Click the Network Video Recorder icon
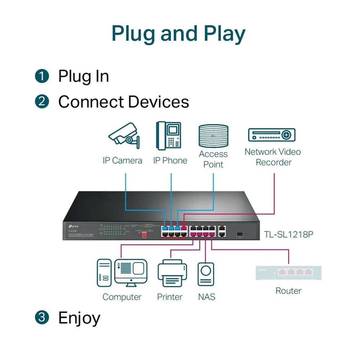[272, 135]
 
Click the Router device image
[288, 273]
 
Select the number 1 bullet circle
[42, 76]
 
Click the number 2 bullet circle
[42, 102]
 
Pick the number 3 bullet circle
[42, 318]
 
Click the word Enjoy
[79, 318]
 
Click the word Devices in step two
[158, 102]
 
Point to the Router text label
[288, 291]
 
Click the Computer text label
[122, 297]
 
